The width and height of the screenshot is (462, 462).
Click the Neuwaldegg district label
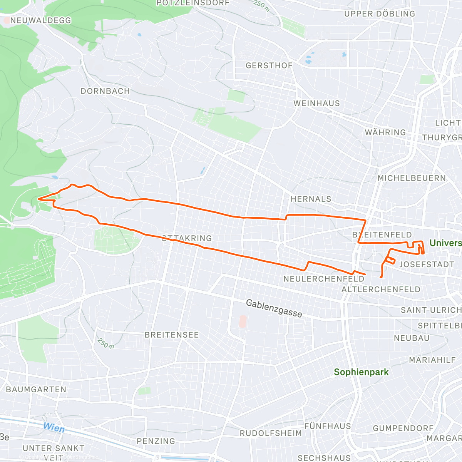click(41, 20)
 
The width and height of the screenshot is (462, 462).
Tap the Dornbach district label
click(105, 91)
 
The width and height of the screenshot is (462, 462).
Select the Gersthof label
click(269, 65)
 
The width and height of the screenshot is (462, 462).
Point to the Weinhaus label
click(316, 103)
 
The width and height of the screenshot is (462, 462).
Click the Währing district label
click(385, 132)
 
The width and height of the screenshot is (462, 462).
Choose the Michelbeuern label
click(412, 178)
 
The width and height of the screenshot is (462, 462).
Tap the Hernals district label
click(311, 199)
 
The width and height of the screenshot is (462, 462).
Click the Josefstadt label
click(427, 264)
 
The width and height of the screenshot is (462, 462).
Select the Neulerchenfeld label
click(323, 279)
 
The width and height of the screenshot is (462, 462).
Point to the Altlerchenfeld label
click(381, 290)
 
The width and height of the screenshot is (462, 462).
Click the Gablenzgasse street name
click(274, 308)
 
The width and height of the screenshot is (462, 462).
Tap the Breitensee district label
click(172, 335)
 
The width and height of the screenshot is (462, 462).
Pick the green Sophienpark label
click(361, 372)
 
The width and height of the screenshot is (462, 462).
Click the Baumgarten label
click(36, 390)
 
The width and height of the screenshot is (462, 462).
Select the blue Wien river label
click(54, 427)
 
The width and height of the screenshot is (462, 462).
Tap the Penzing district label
click(156, 441)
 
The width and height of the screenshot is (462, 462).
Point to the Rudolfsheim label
click(271, 434)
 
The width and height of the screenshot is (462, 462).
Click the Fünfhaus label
click(328, 426)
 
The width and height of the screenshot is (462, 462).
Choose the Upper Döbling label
click(380, 14)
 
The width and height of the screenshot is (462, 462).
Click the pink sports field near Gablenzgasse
click(243, 321)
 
